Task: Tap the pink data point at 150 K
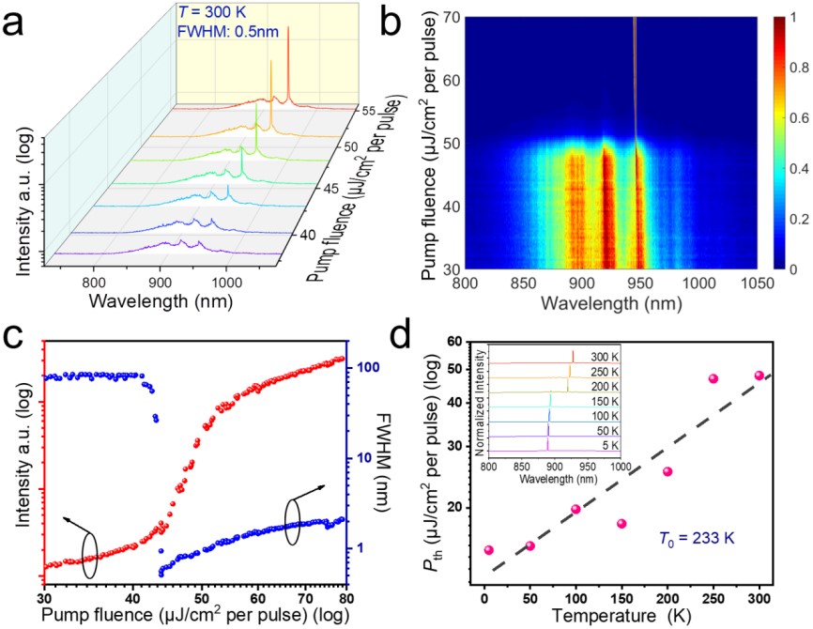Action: (621, 523)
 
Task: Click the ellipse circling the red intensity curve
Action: (89, 554)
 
